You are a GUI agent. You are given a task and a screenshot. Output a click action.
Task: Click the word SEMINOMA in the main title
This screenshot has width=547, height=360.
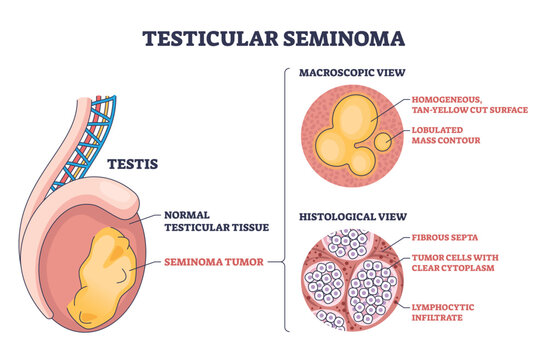pyautogui.click(x=346, y=39)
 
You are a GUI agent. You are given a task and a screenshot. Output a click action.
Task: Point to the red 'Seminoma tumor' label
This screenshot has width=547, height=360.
pyautogui.click(x=212, y=263)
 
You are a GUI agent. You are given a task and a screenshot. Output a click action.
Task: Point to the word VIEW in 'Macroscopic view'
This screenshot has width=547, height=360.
pyautogui.click(x=388, y=73)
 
